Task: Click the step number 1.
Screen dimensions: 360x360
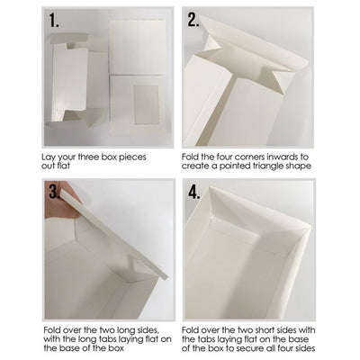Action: click(x=54, y=21)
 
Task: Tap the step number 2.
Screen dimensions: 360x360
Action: click(x=193, y=20)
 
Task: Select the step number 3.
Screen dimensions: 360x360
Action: click(x=54, y=191)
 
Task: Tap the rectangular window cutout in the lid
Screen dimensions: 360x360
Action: click(x=147, y=104)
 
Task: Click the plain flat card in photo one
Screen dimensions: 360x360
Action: click(x=138, y=47)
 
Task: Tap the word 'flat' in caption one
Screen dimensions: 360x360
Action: click(x=63, y=166)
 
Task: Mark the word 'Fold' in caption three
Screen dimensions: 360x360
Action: click(x=51, y=330)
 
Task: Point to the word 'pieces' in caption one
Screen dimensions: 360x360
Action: click(x=132, y=157)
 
